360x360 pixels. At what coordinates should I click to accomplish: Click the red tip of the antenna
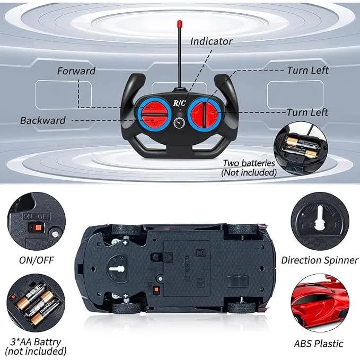(180, 24)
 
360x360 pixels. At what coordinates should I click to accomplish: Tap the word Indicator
(211, 41)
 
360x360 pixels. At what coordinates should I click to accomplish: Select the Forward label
(76, 71)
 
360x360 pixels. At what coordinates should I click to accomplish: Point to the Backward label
(43, 120)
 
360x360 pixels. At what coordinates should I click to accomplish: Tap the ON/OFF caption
(36, 260)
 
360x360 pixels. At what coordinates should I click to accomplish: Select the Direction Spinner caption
(316, 260)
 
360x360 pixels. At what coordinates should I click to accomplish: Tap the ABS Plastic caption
(319, 344)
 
